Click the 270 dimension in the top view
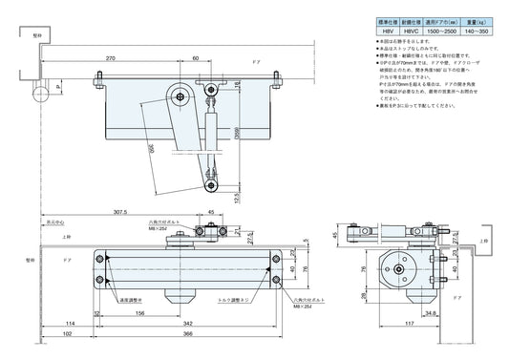[x=112, y=57]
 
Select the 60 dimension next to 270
[x=195, y=57]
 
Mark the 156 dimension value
[x=139, y=313]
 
